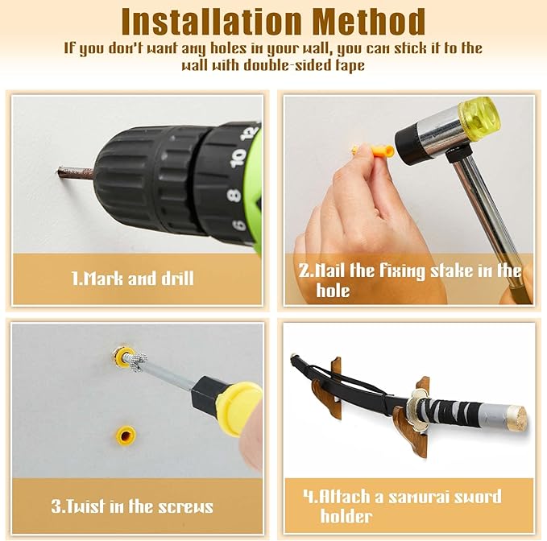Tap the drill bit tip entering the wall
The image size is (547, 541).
tap(60, 171)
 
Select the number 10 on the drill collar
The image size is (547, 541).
tap(238, 158)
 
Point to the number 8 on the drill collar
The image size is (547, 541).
tap(234, 195)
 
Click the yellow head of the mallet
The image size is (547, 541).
tap(479, 114)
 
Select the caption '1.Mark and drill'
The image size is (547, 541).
tap(133, 279)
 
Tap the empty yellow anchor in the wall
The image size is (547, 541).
tap(126, 435)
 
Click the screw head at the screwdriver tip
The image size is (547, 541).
tap(138, 361)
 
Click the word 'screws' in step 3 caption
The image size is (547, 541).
tap(185, 506)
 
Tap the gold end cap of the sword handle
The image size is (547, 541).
tap(516, 418)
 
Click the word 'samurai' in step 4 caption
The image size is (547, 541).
tap(424, 497)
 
